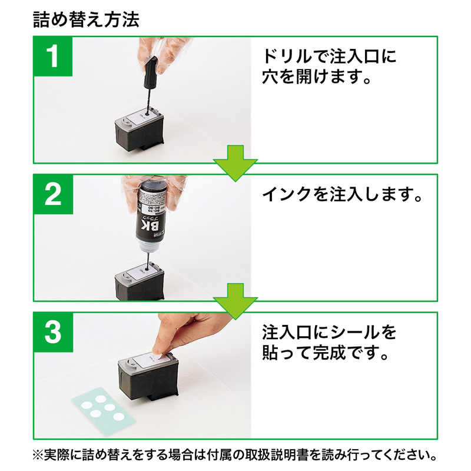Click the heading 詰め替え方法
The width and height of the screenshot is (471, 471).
click(x=86, y=20)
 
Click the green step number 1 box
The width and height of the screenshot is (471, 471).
click(x=54, y=57)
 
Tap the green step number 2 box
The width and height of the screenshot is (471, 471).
click(x=54, y=195)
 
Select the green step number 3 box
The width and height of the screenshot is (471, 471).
click(x=54, y=333)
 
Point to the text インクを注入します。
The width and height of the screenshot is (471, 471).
click(x=342, y=194)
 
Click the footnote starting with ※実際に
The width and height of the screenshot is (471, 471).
click(x=235, y=455)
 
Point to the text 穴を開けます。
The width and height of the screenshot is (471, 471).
click(x=317, y=78)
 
